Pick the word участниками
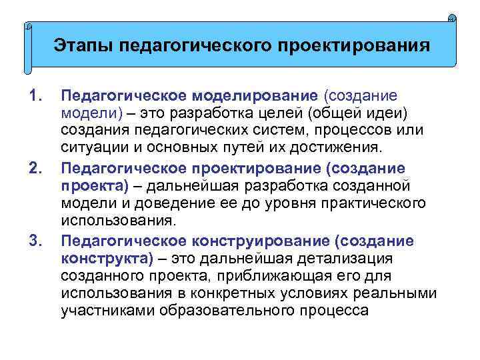click(x=99, y=310)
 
